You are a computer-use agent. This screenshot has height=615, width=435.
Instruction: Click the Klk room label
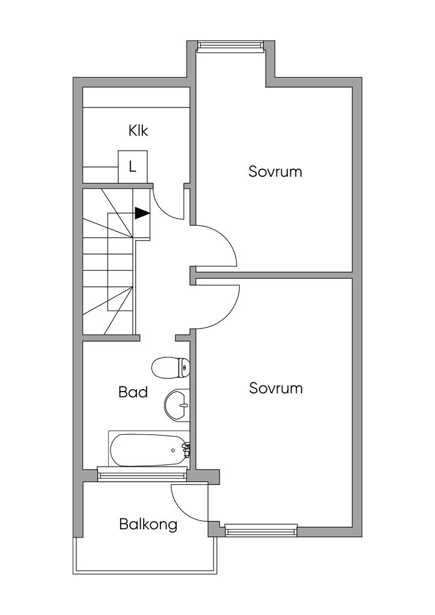pyautogui.click(x=138, y=130)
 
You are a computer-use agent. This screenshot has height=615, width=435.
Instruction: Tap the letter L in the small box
pyautogui.click(x=133, y=168)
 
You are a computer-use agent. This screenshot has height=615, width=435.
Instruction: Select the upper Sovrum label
pyautogui.click(x=275, y=172)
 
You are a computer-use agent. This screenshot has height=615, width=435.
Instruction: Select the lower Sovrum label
pyautogui.click(x=276, y=389)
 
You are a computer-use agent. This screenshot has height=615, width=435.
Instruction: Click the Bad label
pyautogui.click(x=133, y=392)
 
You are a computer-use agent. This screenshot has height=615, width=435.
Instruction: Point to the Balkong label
pyautogui.click(x=148, y=524)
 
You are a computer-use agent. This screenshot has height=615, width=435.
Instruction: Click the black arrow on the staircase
pyautogui.click(x=142, y=213)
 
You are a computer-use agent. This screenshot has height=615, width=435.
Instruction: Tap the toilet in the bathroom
pyautogui.click(x=171, y=368)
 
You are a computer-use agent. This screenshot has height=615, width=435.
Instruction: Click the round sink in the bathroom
pyautogui.click(x=177, y=405)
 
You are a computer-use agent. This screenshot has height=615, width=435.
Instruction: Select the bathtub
pyautogui.click(x=149, y=450)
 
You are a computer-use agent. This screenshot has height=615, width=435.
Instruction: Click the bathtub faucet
pyautogui.click(x=187, y=449)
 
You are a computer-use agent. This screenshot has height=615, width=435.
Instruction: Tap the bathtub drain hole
pyautogui.click(x=173, y=450)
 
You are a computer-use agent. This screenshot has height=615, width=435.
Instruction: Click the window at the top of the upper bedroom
pyautogui.click(x=230, y=46)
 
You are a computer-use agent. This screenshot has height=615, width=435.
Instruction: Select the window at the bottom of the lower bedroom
pyautogui.click(x=261, y=531)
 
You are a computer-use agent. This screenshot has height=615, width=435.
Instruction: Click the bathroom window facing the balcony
pyautogui.click(x=141, y=475)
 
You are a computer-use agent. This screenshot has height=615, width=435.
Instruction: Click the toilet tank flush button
pyautogui.click(x=184, y=368)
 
